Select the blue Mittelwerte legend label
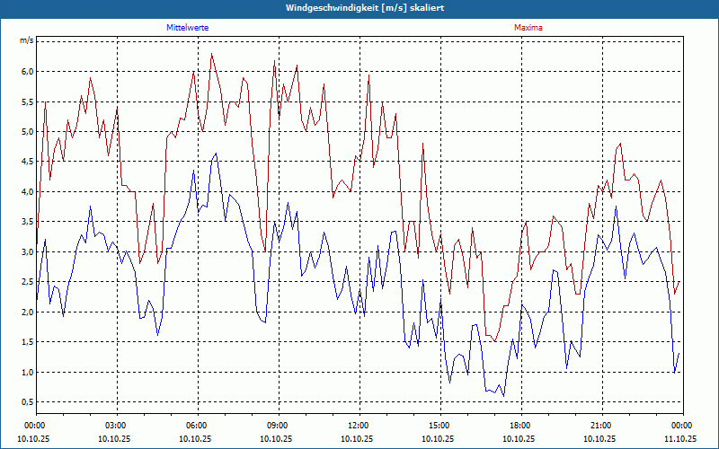[187, 28]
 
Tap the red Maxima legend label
[528, 28]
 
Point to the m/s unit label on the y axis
[26, 41]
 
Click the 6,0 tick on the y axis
[27, 72]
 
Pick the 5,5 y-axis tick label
[27, 101]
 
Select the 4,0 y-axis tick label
[27, 192]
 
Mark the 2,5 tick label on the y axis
[27, 282]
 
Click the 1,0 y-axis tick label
[27, 372]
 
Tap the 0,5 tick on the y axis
[27, 402]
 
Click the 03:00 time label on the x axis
[116, 426]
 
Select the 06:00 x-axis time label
[196, 426]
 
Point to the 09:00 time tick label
[277, 426]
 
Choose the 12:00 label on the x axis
[358, 426]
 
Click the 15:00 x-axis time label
[439, 426]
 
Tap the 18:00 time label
[519, 426]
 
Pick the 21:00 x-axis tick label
[600, 426]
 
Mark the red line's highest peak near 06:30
[212, 54]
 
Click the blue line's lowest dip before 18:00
[503, 396]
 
